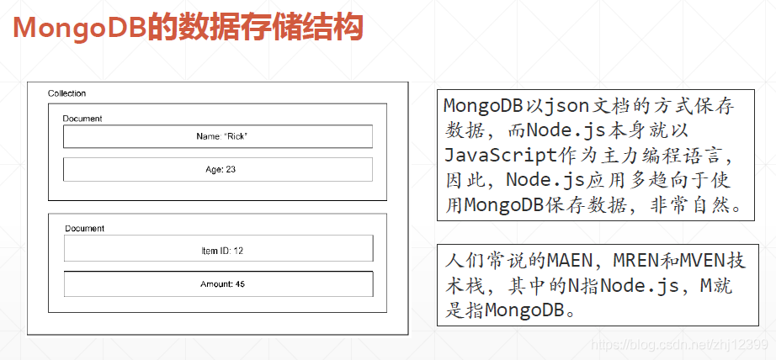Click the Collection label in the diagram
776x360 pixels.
pos(66,93)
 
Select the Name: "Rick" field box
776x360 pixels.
pos(218,136)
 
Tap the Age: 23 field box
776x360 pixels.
pos(218,169)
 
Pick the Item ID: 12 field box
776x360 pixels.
pos(218,250)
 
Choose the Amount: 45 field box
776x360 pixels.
pos(218,284)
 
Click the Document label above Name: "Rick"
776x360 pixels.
pos(82,119)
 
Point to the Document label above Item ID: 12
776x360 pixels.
pos(84,228)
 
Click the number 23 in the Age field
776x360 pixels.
pos(231,169)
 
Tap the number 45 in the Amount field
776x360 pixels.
pos(240,284)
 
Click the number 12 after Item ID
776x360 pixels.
pos(238,250)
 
